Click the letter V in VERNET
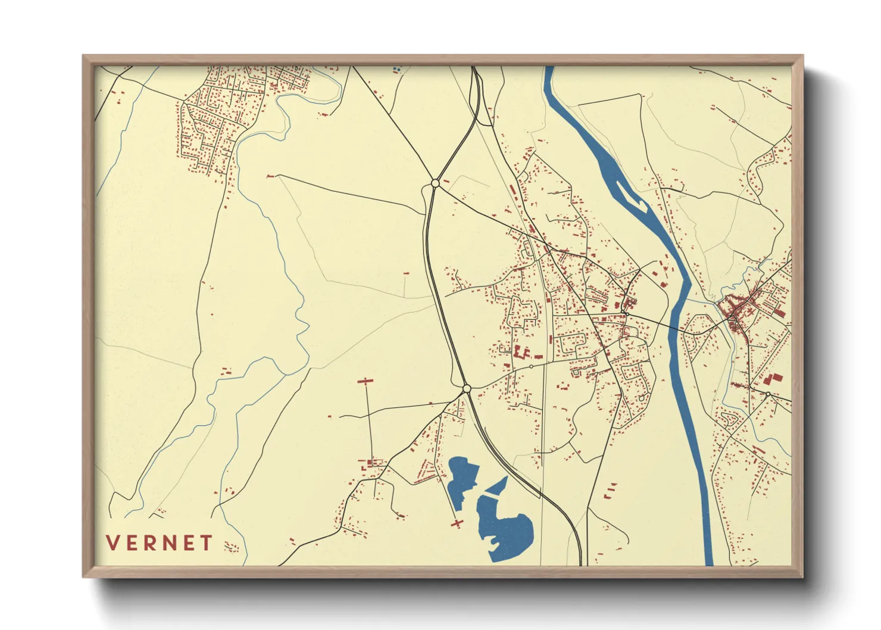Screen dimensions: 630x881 coord(112,543)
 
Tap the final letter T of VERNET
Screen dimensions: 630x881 coord(206,543)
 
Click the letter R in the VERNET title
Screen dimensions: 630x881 coord(149,543)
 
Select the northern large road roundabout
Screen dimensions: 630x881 coord(435,183)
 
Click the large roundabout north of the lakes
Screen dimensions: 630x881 coord(467,388)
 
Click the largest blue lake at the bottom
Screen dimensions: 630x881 coord(506,530)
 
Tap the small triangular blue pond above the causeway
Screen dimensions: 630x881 coord(500,485)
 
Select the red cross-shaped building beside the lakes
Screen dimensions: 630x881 coord(457,523)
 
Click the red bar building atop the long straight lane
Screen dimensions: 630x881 coord(365,381)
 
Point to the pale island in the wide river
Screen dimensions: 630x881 coord(632,199)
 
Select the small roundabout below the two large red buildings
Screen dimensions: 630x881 coord(768,394)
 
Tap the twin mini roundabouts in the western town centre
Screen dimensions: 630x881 coord(626,312)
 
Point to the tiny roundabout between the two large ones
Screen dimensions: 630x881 coord(531,366)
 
